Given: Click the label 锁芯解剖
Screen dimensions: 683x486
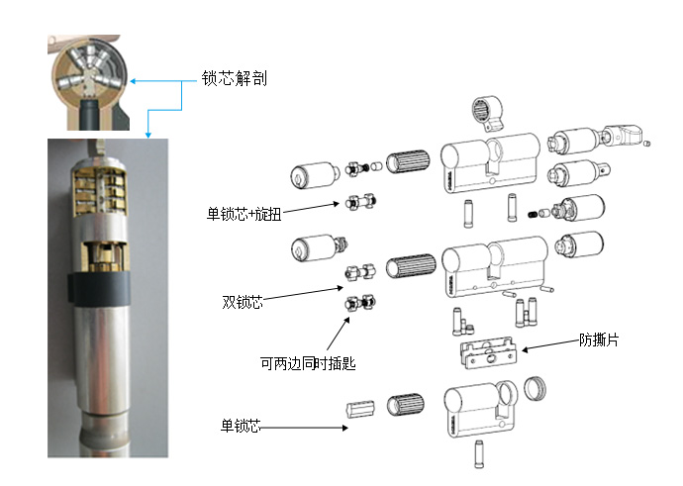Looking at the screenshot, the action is pos(234,78).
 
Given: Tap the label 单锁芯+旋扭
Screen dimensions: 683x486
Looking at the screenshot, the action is pos(244,214).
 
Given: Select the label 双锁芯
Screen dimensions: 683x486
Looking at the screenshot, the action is pos(243,302).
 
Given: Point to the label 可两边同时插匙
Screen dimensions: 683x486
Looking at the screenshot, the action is pos(308,362).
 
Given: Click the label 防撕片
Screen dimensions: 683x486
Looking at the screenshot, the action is pos(599,340).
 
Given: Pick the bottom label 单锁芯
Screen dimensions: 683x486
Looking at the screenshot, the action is pos(241,426).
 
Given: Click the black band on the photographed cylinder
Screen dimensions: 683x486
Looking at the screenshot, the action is pos(99,289).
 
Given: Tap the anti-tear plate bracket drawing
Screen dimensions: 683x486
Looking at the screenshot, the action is pos(489,352).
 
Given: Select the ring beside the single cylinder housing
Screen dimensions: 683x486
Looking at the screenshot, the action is pos(535,388).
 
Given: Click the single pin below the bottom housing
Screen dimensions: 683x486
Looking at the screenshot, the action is pos(479,454).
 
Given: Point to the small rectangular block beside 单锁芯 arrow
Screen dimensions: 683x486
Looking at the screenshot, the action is pos(360,409).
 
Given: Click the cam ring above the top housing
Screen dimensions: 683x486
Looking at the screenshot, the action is pos(487,113).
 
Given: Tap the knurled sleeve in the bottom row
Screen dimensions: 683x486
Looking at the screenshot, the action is pos(405,405).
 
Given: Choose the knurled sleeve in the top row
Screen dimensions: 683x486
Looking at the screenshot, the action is pos(408,161).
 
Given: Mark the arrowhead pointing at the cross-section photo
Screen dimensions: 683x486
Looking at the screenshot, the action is pos(133,81).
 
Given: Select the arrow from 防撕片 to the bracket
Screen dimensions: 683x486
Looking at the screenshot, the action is pos(550,344).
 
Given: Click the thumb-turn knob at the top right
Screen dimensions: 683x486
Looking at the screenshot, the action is pos(623,135).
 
